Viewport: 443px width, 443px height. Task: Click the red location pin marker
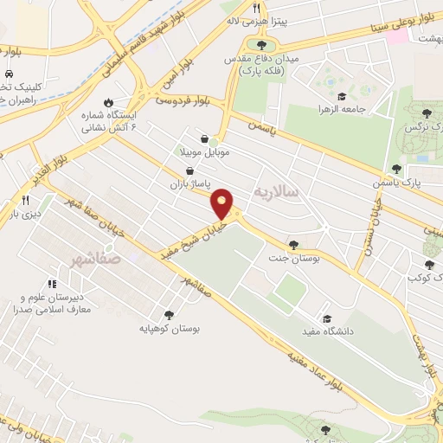tap(222, 203)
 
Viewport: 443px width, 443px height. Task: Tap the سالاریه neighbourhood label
tap(276, 189)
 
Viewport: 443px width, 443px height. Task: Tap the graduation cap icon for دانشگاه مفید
tap(325, 317)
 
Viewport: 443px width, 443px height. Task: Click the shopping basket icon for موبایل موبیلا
tap(203, 138)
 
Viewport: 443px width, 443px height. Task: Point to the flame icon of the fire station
tap(107, 102)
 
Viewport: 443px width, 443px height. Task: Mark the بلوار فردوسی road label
tap(183, 101)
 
